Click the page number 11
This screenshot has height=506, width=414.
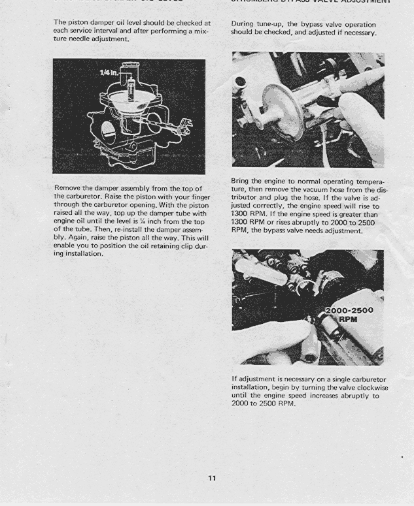pos(212,479)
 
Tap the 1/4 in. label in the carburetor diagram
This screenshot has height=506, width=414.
pos(109,72)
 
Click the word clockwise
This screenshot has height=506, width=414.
pos(368,388)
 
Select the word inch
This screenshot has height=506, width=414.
pos(158,221)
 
